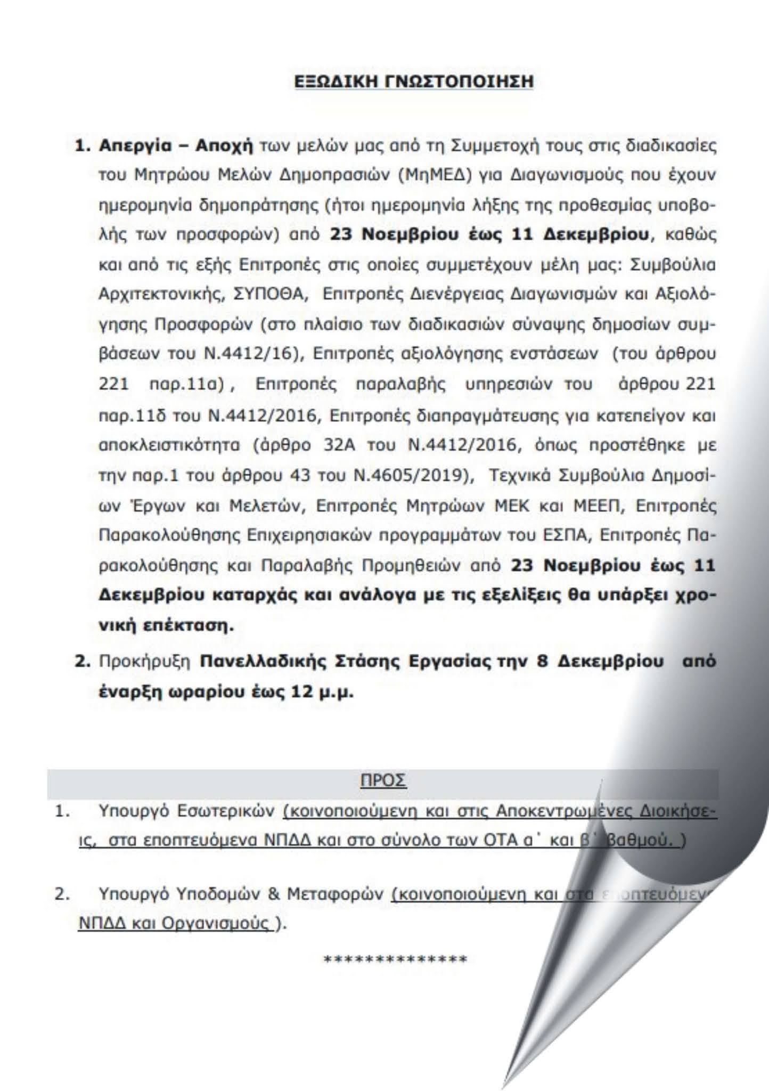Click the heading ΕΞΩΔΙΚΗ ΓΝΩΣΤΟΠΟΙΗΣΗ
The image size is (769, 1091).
coord(414,82)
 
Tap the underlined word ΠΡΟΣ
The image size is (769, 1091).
coord(383,780)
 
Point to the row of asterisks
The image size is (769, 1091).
coord(395,960)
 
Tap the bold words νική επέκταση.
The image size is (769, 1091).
coord(167,625)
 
